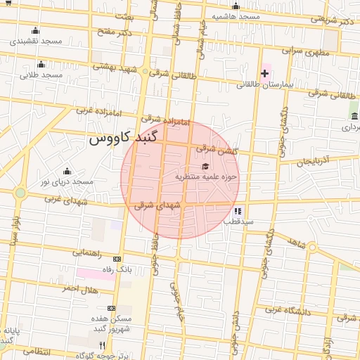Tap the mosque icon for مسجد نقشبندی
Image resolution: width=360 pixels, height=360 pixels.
pyautogui.click(x=36, y=31)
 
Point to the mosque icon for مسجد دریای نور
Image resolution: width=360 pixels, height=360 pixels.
pyautogui.click(x=67, y=171)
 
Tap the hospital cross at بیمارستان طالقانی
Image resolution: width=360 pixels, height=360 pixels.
pyautogui.click(x=264, y=73)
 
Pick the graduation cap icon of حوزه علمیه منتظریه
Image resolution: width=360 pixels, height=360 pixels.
pyautogui.click(x=205, y=167)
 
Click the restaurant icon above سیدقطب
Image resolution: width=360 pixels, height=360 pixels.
pyautogui.click(x=238, y=210)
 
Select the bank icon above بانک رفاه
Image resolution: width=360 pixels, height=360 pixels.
pyautogui.click(x=117, y=259)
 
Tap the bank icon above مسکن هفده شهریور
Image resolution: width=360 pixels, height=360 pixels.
pyautogui.click(x=111, y=308)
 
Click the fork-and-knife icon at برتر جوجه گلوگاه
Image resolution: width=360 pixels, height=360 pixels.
pyautogui.click(x=102, y=345)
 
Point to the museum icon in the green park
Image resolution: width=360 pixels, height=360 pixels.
pyautogui.click(x=354, y=116)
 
